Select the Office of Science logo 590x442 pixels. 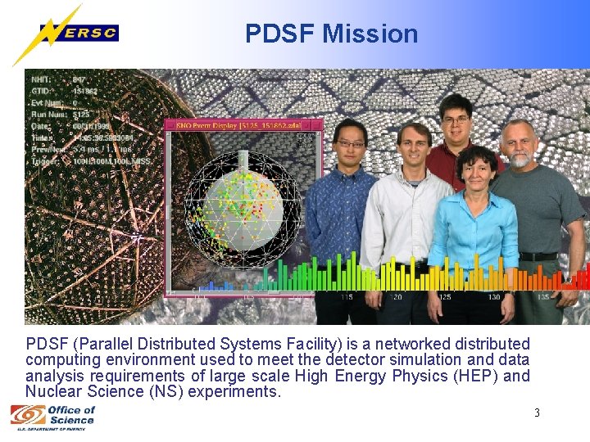53,415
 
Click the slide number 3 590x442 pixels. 537,413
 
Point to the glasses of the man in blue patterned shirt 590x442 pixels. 352,144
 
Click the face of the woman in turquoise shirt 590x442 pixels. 479,173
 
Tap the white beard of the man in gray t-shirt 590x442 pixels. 519,159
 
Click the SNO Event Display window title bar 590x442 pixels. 238,125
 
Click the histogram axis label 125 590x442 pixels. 444,297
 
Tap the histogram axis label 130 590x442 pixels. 494,297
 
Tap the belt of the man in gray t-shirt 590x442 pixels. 538,256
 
